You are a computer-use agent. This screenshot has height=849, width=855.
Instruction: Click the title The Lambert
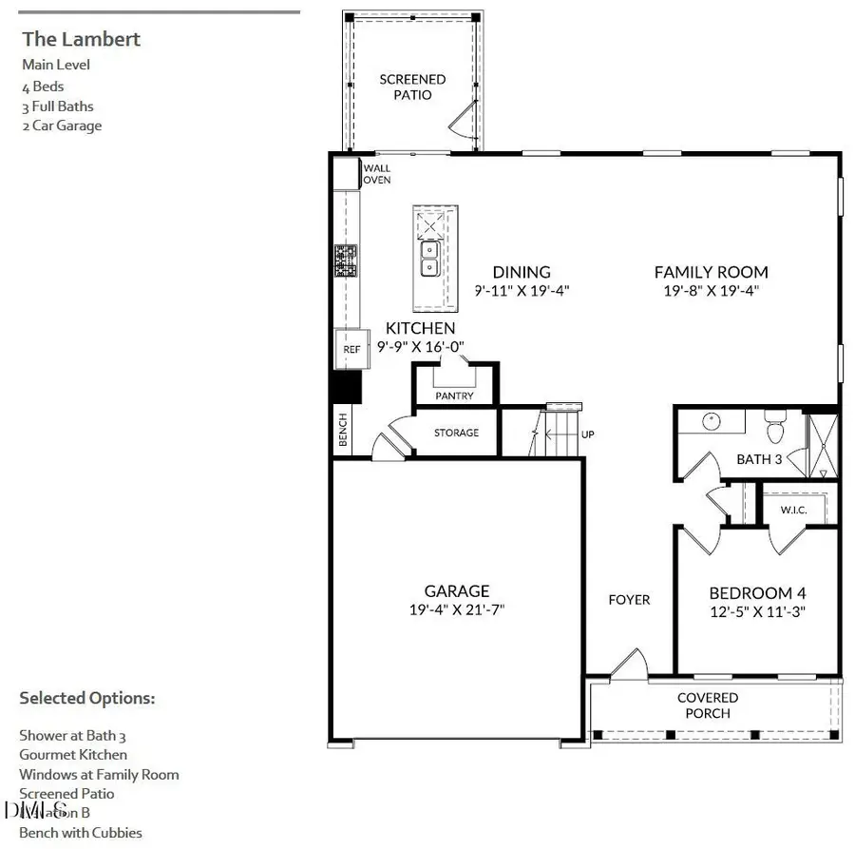(81, 39)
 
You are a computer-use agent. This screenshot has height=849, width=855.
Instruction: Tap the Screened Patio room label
(412, 87)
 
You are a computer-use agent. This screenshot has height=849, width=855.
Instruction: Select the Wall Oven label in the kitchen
(377, 174)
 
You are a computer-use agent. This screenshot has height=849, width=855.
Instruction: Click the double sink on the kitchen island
(428, 256)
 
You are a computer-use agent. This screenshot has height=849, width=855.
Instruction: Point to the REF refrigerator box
(351, 350)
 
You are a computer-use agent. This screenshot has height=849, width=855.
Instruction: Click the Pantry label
(454, 396)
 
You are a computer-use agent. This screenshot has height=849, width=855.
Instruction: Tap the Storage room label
(456, 433)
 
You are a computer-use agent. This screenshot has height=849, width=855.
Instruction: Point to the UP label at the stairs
(587, 434)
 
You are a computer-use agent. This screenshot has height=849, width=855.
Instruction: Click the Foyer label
(629, 599)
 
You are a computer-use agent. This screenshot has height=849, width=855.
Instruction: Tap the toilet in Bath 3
(773, 427)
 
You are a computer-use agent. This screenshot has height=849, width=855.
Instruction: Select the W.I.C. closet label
(793, 510)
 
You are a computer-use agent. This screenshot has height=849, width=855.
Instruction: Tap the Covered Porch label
(708, 705)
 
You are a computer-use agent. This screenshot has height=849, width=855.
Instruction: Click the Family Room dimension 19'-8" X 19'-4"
(711, 290)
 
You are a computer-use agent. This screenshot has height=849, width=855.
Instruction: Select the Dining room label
(521, 272)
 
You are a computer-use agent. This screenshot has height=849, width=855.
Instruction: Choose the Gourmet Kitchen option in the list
(73, 755)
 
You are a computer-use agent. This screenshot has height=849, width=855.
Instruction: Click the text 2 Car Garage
(62, 125)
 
